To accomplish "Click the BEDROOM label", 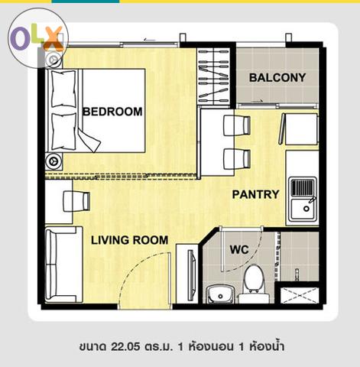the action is click(x=112, y=112).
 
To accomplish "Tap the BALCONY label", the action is click(x=277, y=78).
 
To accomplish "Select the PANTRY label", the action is click(x=256, y=194).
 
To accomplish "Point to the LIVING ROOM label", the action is click(x=130, y=240).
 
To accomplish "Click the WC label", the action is click(x=239, y=249).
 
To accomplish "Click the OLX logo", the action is click(x=37, y=38).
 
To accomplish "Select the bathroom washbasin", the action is click(x=220, y=294).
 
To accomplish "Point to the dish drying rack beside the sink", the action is click(x=303, y=188).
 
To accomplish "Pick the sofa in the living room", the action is click(x=63, y=265).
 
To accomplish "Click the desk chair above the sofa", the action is click(x=76, y=201).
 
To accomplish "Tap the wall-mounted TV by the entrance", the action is click(x=192, y=275).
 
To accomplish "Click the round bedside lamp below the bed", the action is click(x=54, y=161).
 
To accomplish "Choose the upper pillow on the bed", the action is click(x=63, y=89).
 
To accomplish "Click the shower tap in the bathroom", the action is click(x=297, y=274).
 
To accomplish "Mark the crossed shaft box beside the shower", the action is click(x=300, y=295).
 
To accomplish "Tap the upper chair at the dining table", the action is click(x=237, y=125).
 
